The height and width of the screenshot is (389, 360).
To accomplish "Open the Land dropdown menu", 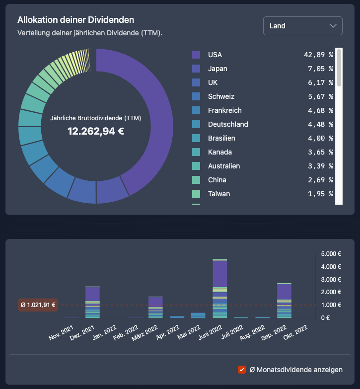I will (302, 26).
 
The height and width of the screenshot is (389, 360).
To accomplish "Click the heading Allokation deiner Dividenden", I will (76, 20).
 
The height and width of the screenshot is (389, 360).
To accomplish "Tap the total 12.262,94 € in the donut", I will (96, 131).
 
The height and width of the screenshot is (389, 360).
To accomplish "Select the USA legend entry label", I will (215, 55).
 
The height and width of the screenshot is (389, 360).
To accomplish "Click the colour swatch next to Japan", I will (196, 69).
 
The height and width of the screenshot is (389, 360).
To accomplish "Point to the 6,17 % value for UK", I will (318, 82).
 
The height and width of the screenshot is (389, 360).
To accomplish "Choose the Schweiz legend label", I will (221, 96).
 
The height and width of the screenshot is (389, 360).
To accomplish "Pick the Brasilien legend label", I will (221, 138).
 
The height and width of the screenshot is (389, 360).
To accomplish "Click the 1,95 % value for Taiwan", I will (318, 194).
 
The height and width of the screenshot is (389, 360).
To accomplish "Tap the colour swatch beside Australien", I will (196, 166).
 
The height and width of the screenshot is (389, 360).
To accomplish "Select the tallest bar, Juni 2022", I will (219, 288).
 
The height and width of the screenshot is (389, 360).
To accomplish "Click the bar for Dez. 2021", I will (92, 302).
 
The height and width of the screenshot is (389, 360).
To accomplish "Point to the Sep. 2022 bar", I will (284, 300).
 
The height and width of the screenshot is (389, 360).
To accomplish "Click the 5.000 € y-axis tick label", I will (331, 253).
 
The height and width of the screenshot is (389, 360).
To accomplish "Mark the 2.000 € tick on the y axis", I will (331, 292).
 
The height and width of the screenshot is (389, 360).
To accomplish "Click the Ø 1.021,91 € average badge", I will (38, 305).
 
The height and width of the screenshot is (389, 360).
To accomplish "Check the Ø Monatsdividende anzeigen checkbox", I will (242, 369).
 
